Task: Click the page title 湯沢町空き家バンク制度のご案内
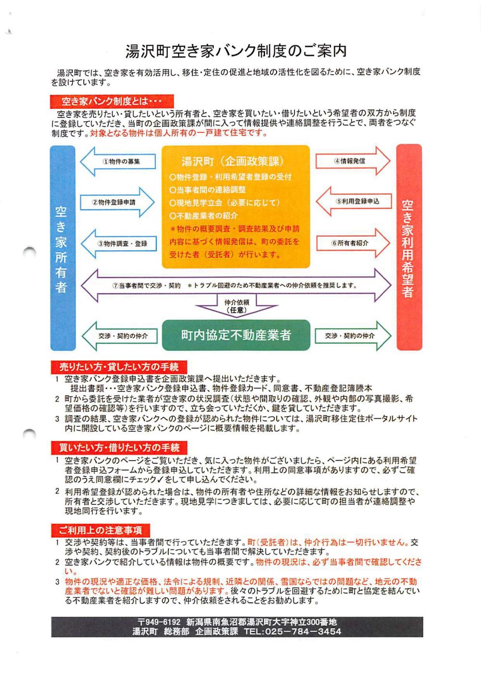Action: click(236, 51)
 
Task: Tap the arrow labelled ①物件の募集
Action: click(118, 162)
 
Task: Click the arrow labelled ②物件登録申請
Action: click(118, 203)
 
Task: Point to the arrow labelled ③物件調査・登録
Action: click(118, 244)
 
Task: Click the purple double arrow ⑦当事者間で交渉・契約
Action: click(236, 285)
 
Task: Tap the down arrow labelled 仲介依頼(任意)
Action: click(237, 306)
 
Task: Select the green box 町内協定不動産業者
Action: click(236, 335)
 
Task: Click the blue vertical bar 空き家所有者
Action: click(63, 248)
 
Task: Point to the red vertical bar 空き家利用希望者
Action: click(408, 248)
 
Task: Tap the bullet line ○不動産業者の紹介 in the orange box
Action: click(203, 216)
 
